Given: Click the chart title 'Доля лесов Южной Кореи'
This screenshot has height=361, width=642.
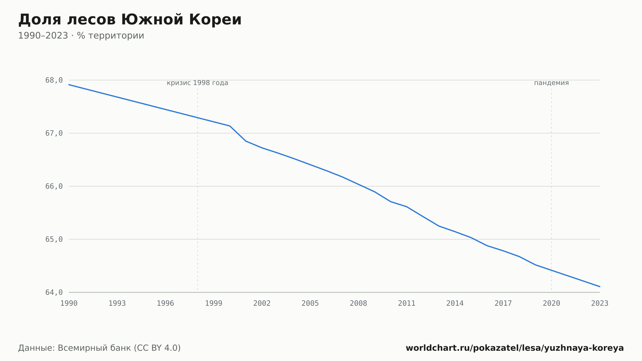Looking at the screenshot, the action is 130,20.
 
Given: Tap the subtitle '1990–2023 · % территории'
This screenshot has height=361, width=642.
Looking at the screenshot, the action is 81,36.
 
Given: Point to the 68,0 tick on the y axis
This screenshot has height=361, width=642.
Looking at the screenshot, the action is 54,80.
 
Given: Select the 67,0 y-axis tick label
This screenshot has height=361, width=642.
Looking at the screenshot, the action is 54,133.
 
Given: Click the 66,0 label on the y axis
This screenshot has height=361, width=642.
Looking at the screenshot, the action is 54,186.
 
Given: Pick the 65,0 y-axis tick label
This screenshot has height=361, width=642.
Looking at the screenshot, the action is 54,239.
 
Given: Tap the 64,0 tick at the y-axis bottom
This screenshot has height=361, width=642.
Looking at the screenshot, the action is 54,292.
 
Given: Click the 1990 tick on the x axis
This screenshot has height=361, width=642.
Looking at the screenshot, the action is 69,304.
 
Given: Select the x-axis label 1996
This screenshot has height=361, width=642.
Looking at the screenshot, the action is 165,304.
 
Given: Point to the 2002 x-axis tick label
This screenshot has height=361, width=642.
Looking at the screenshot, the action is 262,304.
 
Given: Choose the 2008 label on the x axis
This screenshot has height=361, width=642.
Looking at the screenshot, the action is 359,304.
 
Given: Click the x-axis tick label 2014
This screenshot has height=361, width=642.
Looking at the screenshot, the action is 455,304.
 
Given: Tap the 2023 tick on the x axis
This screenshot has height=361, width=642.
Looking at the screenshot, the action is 600,304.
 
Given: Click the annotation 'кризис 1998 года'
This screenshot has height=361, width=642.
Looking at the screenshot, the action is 197,83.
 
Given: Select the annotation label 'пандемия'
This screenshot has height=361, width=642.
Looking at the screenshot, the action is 551,83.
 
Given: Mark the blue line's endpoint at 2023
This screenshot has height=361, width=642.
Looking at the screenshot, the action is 600,286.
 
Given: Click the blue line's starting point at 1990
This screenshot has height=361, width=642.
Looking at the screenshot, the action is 69,85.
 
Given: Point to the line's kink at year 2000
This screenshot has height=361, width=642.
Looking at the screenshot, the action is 230,126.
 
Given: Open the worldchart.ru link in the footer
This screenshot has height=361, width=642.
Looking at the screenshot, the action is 515,348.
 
